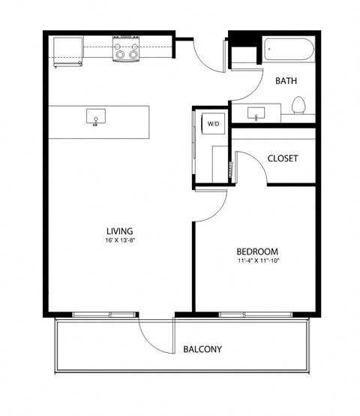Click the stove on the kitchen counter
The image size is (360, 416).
click(x=127, y=51)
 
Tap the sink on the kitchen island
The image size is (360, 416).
click(x=96, y=117)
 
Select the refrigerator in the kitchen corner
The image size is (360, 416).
click(x=67, y=51)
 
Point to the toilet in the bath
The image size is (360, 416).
click(x=298, y=106)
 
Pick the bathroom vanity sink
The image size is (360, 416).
click(x=258, y=115)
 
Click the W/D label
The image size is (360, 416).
click(x=213, y=122)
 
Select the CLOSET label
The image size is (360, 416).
click(x=283, y=158)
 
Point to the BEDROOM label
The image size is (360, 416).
click(x=257, y=251)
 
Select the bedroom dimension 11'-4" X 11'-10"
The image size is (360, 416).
click(x=257, y=261)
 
